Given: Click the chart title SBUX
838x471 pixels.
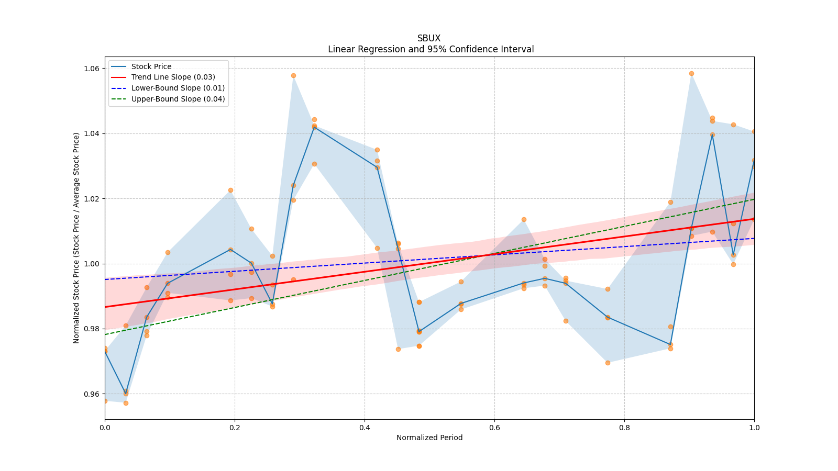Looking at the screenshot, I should pos(429,38).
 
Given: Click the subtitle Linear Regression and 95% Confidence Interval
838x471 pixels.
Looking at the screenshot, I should pos(431,49).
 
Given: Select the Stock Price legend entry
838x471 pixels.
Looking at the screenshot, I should pos(151,66).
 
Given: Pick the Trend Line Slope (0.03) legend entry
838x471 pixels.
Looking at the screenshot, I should pos(173,77).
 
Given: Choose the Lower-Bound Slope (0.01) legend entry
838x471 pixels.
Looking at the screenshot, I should pos(178,88).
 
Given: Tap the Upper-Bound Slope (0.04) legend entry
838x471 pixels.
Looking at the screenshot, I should pos(178,99).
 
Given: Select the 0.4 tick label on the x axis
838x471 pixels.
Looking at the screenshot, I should pos(365,428).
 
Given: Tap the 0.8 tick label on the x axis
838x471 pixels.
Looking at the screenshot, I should pos(624,428).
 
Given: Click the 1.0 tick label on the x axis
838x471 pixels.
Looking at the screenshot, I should pos(754,428).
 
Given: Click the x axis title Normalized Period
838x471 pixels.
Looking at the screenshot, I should pos(429,438).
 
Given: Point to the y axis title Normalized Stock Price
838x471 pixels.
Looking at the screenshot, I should pos(76,238).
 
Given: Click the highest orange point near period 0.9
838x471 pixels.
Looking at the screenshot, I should pos(691,73).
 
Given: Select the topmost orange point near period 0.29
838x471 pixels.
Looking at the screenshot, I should pos(293,75).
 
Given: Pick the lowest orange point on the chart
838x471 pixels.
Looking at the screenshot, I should pos(126,403).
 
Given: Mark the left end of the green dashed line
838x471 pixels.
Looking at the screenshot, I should pos(105,334).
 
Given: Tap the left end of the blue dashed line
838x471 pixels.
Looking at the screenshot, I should pos(105,279).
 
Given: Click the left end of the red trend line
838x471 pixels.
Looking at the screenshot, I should pos(105,307).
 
